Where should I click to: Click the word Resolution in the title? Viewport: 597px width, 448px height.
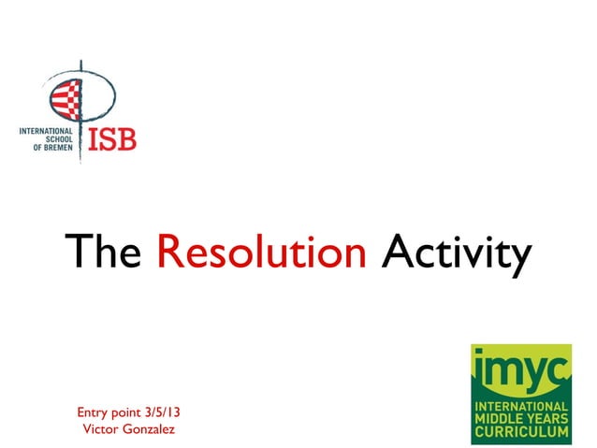(x=261, y=252)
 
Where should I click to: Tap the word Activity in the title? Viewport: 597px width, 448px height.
(x=456, y=252)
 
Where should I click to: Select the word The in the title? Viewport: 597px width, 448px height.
(x=102, y=252)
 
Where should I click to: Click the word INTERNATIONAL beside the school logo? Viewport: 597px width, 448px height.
(x=52, y=132)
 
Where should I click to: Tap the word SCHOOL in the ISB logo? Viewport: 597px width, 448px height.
(x=66, y=140)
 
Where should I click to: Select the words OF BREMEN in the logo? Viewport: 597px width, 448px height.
(x=58, y=150)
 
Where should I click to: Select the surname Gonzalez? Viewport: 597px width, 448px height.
(x=149, y=429)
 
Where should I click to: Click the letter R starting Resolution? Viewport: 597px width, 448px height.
(x=167, y=252)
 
